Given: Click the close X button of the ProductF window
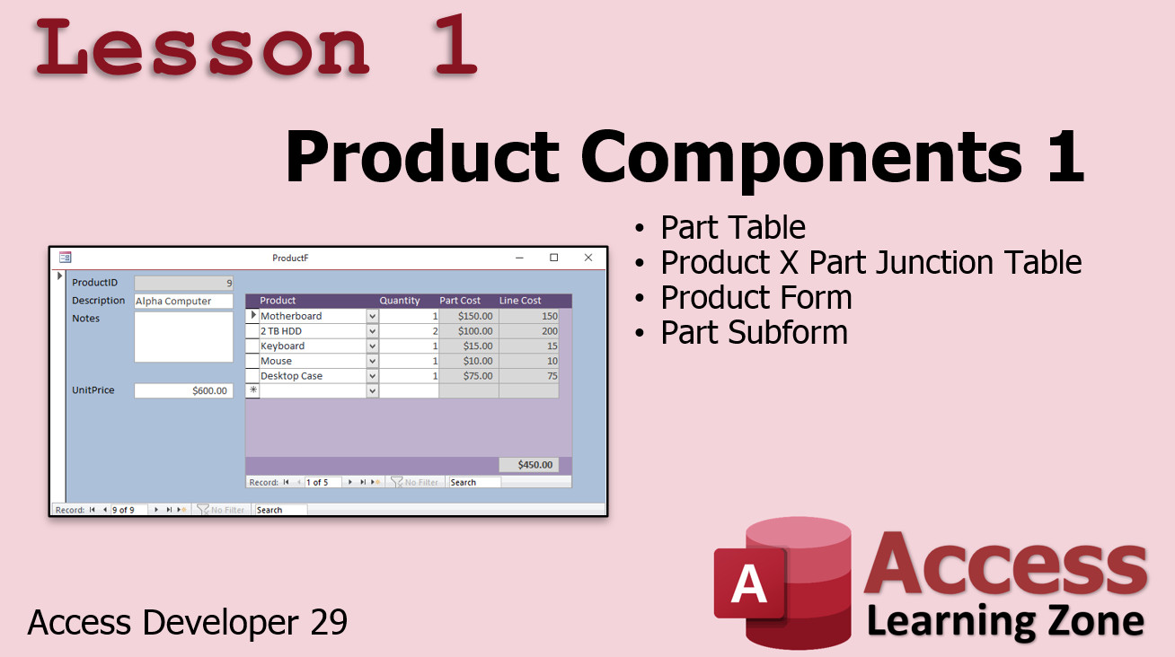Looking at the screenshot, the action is pos(588,258).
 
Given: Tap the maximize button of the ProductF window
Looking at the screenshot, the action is pos(553,258).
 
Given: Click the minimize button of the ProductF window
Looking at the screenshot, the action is pos(519,258).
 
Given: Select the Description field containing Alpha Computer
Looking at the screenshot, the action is pos(183,301).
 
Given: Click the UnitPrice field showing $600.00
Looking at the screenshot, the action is pos(183,390).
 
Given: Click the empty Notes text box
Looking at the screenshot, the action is pos(183,337).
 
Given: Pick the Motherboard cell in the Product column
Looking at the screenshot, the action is pos(313,316).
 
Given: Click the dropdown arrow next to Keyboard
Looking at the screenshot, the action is pos(372,346).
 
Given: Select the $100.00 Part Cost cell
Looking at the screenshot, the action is pos(468,331).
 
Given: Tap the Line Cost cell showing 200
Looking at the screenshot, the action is pos(529,331).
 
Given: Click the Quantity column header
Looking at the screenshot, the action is pos(400,300).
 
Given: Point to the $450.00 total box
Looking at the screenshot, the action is pos(529,465).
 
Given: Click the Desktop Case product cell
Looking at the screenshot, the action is pos(313,376).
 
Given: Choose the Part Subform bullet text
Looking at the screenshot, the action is pos(754,333).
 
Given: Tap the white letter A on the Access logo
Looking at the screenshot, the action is pos(748,583).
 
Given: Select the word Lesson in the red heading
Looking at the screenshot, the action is pos(202,48).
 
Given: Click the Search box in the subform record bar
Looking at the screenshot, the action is pos(474,482).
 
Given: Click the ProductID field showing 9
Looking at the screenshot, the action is pos(183,283).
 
